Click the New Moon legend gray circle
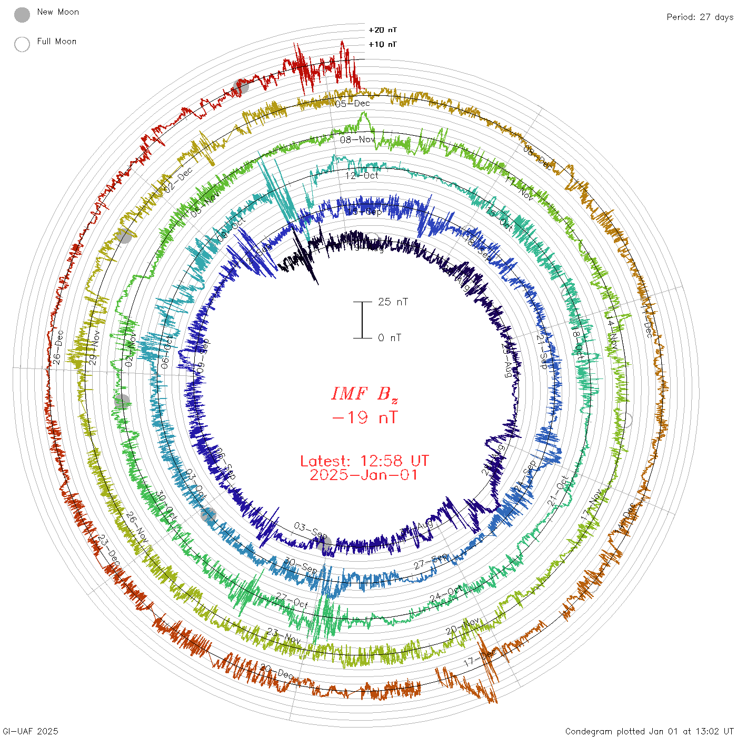pos(22,15)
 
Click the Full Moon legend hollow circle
pos(22,44)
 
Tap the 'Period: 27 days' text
pos(700,17)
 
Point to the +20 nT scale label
pos(383,30)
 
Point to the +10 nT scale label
pos(383,44)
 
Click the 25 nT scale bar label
pos(393,302)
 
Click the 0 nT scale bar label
pos(390,338)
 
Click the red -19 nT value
pos(365,418)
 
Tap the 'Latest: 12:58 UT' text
pos(364,461)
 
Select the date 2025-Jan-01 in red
pos(364,475)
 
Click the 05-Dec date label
pos(353,104)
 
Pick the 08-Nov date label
pos(357,140)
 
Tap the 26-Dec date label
pos(57,347)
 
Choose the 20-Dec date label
pos(276,672)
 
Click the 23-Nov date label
pos(284,635)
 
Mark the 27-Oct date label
pos(292,600)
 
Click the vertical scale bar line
pos(362,320)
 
